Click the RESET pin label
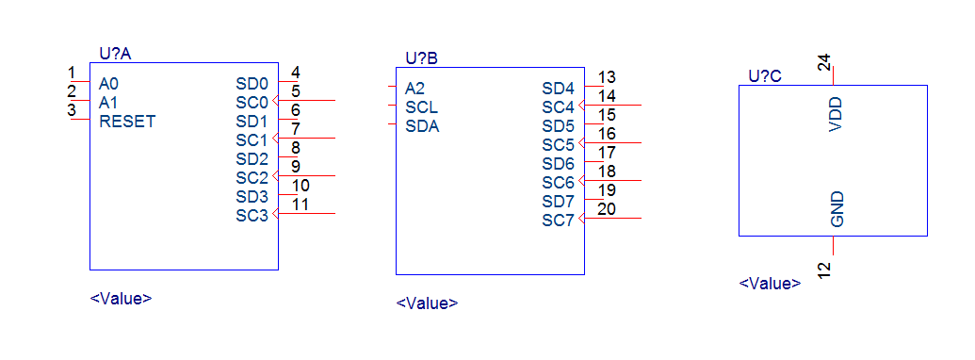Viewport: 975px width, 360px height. pyautogui.click(x=127, y=122)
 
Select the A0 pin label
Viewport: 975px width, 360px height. pyautogui.click(x=108, y=84)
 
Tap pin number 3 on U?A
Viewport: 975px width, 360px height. pyautogui.click(x=72, y=110)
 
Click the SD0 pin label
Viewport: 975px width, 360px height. pyautogui.click(x=252, y=84)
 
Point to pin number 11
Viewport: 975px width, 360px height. pyautogui.click(x=301, y=205)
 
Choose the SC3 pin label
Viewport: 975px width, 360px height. pyautogui.click(x=252, y=216)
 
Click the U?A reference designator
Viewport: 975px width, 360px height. pyautogui.click(x=115, y=54)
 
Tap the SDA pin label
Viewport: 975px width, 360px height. pyautogui.click(x=422, y=126)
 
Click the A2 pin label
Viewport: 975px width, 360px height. pyautogui.click(x=414, y=89)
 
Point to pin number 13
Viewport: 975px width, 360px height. pyautogui.click(x=607, y=77)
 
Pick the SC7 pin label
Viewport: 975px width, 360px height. pyautogui.click(x=559, y=221)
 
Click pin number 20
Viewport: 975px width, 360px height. pyautogui.click(x=607, y=209)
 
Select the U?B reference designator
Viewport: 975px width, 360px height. pyautogui.click(x=422, y=59)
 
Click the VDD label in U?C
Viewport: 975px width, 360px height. pyautogui.click(x=837, y=114)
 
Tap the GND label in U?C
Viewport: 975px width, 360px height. pyautogui.click(x=837, y=209)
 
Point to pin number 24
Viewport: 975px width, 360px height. pyautogui.click(x=823, y=63)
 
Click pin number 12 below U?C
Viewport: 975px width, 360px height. pyautogui.click(x=823, y=270)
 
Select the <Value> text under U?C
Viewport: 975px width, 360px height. pyautogui.click(x=770, y=284)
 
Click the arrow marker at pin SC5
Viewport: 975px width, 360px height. pyautogui.click(x=581, y=143)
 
